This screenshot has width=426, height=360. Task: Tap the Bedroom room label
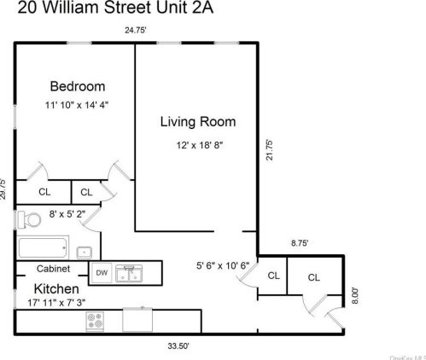point(77,86)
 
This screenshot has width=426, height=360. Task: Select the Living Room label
point(198,122)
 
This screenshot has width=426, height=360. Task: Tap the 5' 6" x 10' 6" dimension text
point(221,265)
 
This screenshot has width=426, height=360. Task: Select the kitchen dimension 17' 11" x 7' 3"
point(55,301)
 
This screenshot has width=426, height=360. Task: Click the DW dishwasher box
point(101,273)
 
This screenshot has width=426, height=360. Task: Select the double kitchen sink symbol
point(131,273)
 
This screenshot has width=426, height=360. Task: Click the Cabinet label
point(53,269)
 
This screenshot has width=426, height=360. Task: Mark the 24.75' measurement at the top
point(136,30)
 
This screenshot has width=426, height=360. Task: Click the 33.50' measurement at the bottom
point(178,346)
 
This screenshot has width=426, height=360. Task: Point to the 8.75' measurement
point(300,243)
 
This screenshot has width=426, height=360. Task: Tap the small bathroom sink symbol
point(85,252)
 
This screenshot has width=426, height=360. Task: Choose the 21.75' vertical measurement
point(269,150)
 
